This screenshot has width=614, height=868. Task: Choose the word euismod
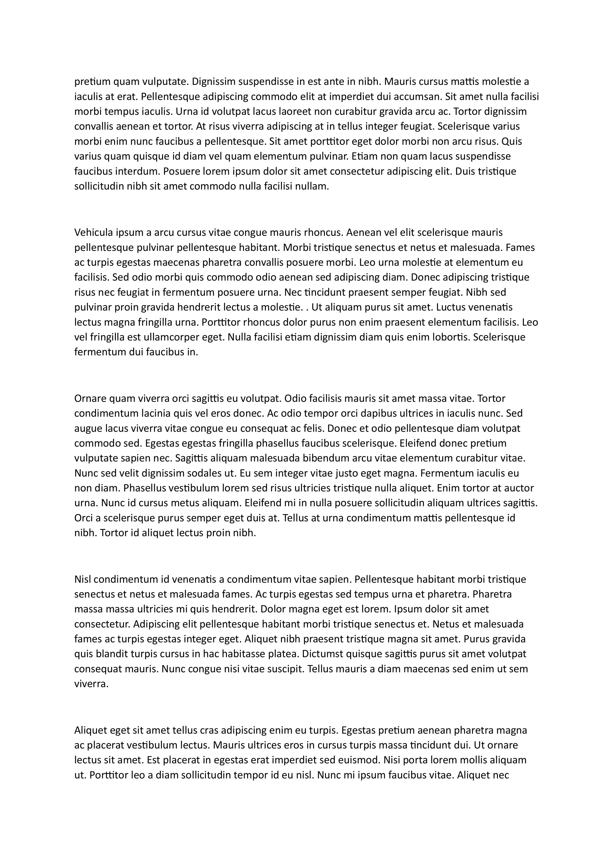[361, 760]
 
